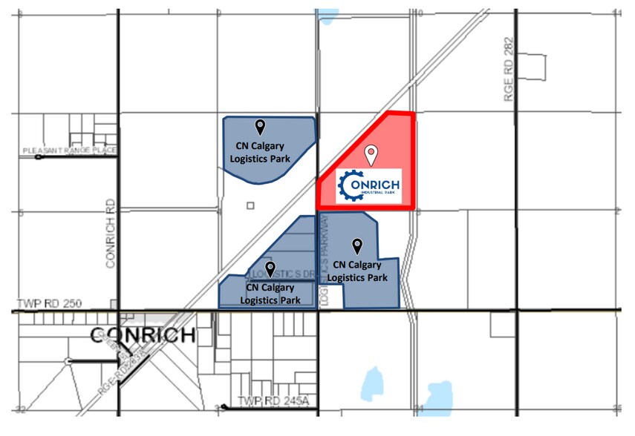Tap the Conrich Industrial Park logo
pyautogui.click(x=368, y=185)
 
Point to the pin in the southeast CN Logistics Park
pyautogui.click(x=357, y=245)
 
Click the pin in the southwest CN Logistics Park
pyautogui.click(x=270, y=268)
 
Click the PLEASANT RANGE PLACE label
pyautogui.click(x=70, y=151)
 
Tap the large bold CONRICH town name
pyautogui.click(x=143, y=336)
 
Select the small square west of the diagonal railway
pyautogui.click(x=251, y=205)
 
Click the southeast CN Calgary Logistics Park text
pyautogui.click(x=357, y=271)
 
